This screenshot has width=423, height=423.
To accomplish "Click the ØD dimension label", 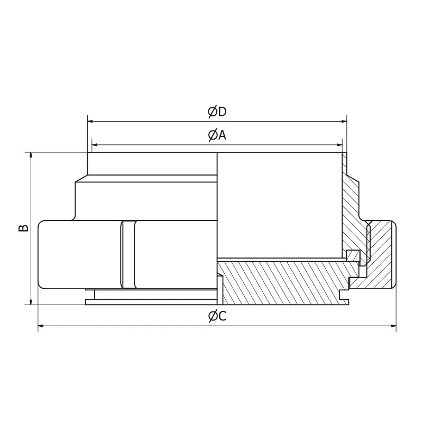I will coord(217,112).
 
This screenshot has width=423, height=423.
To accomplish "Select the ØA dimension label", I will coord(217,135).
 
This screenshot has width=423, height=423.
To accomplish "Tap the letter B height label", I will coord(23,228).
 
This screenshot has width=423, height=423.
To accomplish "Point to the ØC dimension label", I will coord(217,316).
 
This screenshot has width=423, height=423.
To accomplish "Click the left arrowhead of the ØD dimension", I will coord(90,121).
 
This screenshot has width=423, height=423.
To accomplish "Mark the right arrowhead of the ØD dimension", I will coord(343,121).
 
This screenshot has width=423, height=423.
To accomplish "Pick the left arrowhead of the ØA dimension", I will coord(95,144).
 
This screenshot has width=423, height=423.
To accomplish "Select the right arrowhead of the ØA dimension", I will coord(339,144).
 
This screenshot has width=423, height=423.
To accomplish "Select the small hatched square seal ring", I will coord(352,255).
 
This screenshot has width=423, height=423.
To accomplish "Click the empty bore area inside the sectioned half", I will coord(278,206).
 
